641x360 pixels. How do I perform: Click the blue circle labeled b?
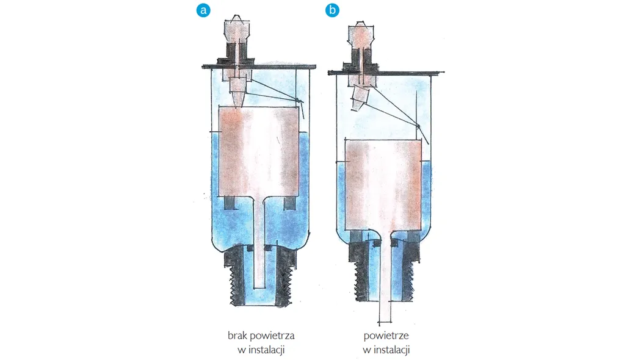click(x=332, y=10)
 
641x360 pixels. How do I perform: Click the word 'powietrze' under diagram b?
click(x=386, y=336)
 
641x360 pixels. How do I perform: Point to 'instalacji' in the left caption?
click(x=265, y=350)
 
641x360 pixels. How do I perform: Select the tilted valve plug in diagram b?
click(x=360, y=95)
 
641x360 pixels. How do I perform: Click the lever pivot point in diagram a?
click(x=299, y=101)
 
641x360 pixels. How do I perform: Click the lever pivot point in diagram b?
click(x=419, y=126)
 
